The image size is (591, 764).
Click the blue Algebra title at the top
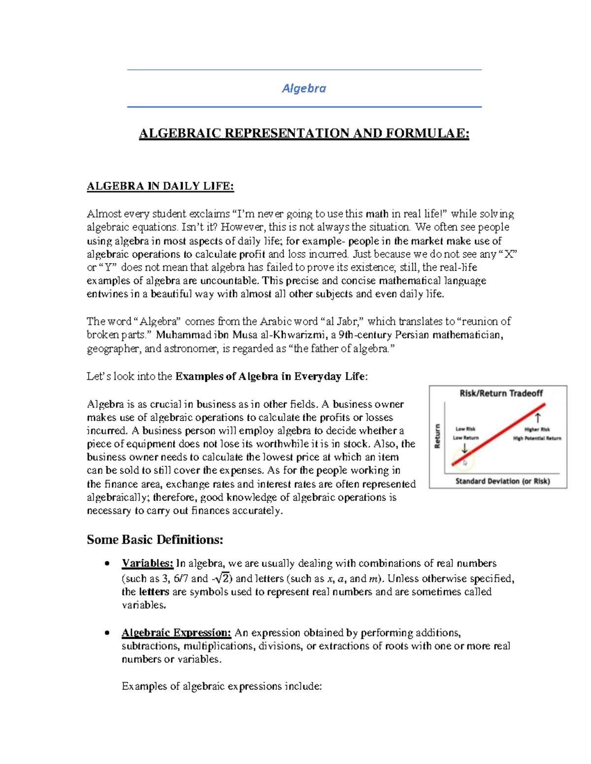pyautogui.click(x=304, y=89)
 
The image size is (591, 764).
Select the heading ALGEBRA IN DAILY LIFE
pyautogui.click(x=160, y=186)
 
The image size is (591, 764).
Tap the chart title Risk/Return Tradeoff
pyautogui.click(x=501, y=393)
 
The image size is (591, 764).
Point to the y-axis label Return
pyautogui.click(x=437, y=436)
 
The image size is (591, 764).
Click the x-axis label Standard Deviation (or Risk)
pyautogui.click(x=502, y=481)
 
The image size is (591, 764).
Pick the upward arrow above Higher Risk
pyautogui.click(x=538, y=418)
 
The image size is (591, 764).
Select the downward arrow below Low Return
pyautogui.click(x=464, y=448)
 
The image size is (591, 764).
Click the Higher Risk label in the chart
pyautogui.click(x=537, y=429)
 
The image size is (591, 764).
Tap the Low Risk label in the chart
pyautogui.click(x=465, y=429)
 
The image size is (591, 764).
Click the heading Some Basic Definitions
pyautogui.click(x=155, y=540)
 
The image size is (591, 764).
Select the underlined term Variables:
pyautogui.click(x=147, y=563)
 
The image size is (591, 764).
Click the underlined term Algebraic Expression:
pyautogui.click(x=176, y=633)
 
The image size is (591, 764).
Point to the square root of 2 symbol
pyautogui.click(x=224, y=578)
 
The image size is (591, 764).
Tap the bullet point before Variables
pyautogui.click(x=106, y=564)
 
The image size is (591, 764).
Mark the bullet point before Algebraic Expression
pyautogui.click(x=106, y=633)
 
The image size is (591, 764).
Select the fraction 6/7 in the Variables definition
pyautogui.click(x=181, y=579)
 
